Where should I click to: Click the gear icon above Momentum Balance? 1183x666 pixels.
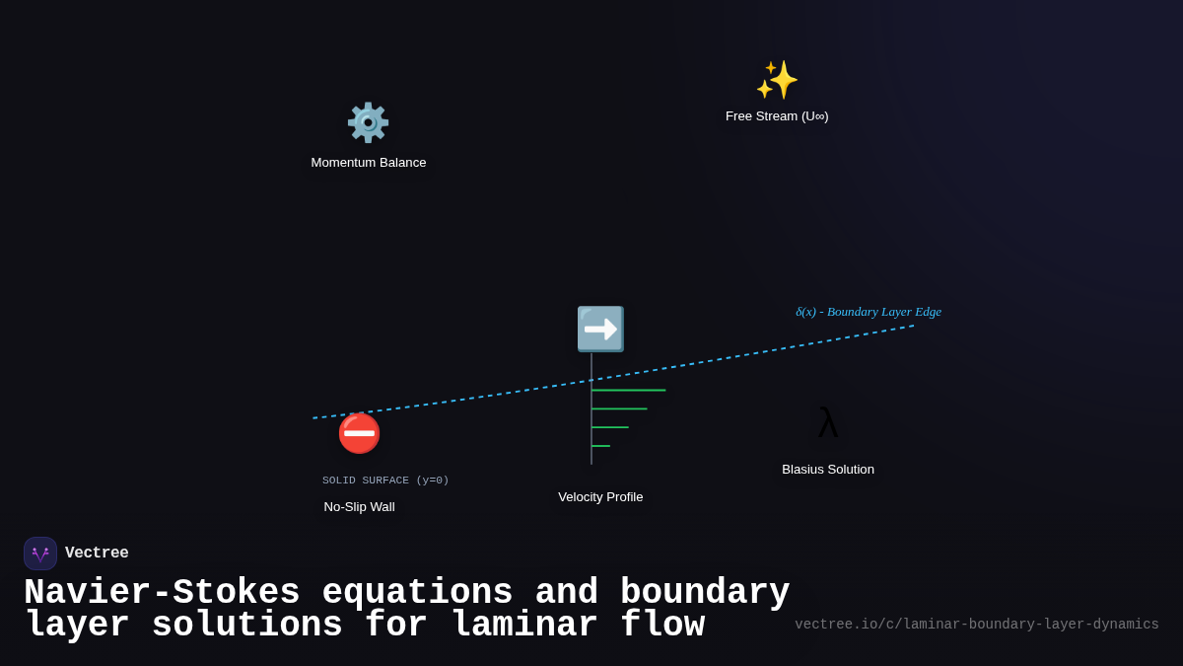tap(368, 122)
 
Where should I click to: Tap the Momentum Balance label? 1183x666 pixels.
tap(369, 163)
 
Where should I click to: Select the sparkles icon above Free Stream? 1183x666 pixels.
tap(777, 80)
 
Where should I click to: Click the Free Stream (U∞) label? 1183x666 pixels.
tap(777, 116)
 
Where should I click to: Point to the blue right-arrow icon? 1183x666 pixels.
tap(600, 329)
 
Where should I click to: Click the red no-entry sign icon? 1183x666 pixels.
tap(359, 433)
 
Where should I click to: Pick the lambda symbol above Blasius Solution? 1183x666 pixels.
tap(828, 423)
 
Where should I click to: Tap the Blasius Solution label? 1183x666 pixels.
tap(828, 470)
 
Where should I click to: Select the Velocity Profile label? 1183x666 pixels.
tap(600, 497)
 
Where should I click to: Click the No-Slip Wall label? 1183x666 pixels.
tap(359, 507)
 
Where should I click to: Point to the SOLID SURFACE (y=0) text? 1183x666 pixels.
tap(385, 481)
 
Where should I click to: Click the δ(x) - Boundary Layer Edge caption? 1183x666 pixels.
tap(869, 312)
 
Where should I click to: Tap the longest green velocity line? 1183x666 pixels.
tap(629, 391)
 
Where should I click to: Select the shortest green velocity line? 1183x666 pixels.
tap(600, 446)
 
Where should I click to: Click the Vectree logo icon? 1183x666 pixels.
tap(40, 554)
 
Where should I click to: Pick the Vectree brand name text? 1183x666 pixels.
tap(97, 554)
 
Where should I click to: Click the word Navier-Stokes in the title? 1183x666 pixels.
tap(162, 593)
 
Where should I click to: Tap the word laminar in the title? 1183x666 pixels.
tap(524, 626)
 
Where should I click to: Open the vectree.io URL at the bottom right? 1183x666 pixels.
tap(977, 625)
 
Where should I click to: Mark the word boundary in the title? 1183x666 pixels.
tap(706, 593)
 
